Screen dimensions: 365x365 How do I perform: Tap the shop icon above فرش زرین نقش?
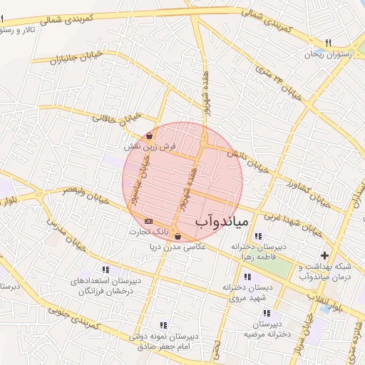[x=150, y=135]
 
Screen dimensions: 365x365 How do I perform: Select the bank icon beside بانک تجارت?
[x=148, y=221]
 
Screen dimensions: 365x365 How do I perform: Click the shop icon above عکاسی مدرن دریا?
[x=177, y=237]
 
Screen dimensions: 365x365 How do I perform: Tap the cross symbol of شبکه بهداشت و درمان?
[x=325, y=255]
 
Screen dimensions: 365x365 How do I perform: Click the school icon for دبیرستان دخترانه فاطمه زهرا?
[x=257, y=236]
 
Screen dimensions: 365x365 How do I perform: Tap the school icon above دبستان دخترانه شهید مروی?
[x=247, y=277]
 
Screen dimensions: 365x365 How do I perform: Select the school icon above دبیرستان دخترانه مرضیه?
[x=266, y=313]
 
